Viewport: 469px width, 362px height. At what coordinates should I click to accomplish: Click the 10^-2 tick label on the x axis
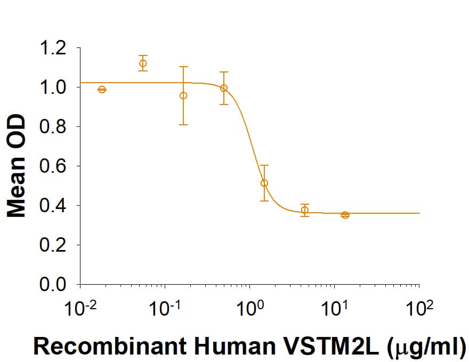click(80, 308)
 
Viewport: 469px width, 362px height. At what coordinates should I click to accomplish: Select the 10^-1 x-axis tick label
click(165, 308)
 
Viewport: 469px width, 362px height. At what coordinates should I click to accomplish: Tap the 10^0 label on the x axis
click(249, 308)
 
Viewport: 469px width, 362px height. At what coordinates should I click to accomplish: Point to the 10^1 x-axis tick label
click(334, 308)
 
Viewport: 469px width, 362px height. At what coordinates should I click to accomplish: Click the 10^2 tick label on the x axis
click(419, 308)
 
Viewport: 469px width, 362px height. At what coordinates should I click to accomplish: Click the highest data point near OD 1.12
click(143, 63)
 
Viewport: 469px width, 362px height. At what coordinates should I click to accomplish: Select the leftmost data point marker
click(102, 90)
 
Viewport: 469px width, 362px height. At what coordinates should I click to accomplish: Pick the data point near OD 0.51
click(264, 183)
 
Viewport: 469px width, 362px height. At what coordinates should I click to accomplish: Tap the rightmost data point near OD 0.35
click(345, 215)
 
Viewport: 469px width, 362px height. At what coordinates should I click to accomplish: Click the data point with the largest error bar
click(183, 95)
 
